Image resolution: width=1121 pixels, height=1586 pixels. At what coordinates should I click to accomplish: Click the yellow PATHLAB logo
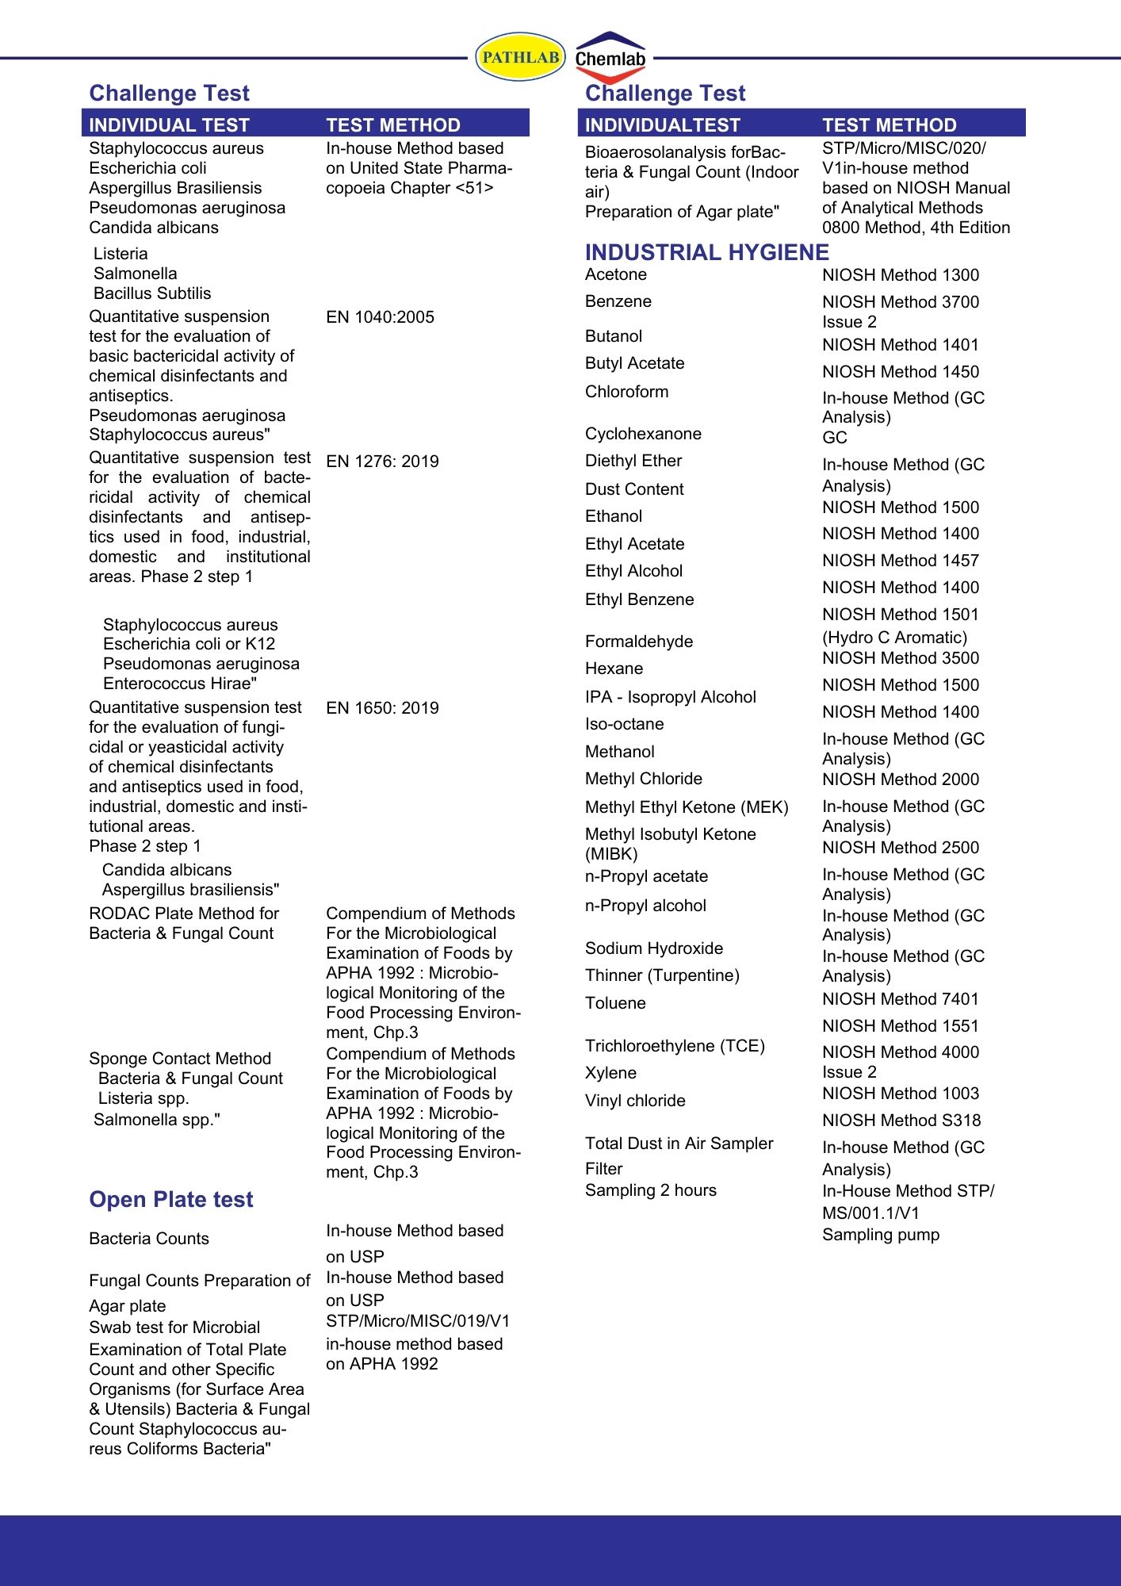[x=520, y=57]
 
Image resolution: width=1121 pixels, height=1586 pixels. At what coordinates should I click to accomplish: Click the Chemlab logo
[x=610, y=57]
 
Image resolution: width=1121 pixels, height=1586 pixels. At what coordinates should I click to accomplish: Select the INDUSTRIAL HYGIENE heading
[x=706, y=252]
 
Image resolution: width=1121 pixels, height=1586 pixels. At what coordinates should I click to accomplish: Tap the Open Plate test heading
[x=170, y=1199]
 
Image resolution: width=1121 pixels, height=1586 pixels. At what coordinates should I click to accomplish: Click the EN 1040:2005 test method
[x=380, y=317]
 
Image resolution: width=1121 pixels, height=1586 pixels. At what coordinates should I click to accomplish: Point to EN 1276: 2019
[x=382, y=462]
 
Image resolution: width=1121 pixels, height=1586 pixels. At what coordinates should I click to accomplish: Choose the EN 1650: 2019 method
[x=382, y=708]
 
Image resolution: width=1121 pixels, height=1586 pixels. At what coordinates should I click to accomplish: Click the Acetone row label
[x=615, y=274]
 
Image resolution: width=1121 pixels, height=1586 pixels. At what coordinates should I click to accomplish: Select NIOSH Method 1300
[x=900, y=275]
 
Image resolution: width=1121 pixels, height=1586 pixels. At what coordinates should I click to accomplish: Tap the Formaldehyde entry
[x=638, y=642]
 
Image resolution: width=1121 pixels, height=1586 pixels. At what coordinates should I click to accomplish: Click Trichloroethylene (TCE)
[x=675, y=1046]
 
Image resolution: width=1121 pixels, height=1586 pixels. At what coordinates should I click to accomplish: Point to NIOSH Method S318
[x=901, y=1121]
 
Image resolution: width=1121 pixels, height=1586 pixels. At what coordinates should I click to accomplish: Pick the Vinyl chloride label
[x=634, y=1101]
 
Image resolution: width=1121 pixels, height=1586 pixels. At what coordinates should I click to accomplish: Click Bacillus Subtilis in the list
[x=152, y=293]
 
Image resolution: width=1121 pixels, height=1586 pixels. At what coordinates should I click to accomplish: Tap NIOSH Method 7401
[x=900, y=999]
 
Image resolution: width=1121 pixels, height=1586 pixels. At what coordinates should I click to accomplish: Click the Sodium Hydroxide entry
[x=653, y=948]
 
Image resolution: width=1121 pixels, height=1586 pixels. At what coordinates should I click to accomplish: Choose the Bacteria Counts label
[x=149, y=1239]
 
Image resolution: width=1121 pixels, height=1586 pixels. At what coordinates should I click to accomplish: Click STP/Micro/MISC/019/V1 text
[x=418, y=1321]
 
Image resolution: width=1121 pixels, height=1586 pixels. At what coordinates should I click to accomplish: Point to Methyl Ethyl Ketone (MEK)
[x=687, y=807]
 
